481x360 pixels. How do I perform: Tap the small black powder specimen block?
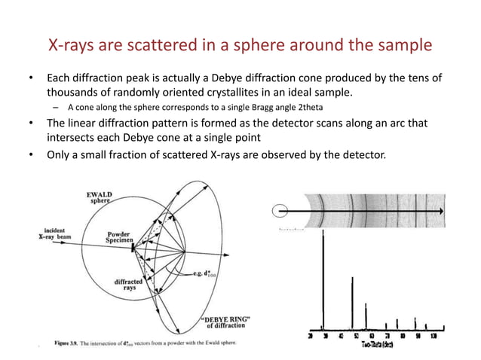coord(133,246)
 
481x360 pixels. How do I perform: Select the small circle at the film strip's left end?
coord(280,212)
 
